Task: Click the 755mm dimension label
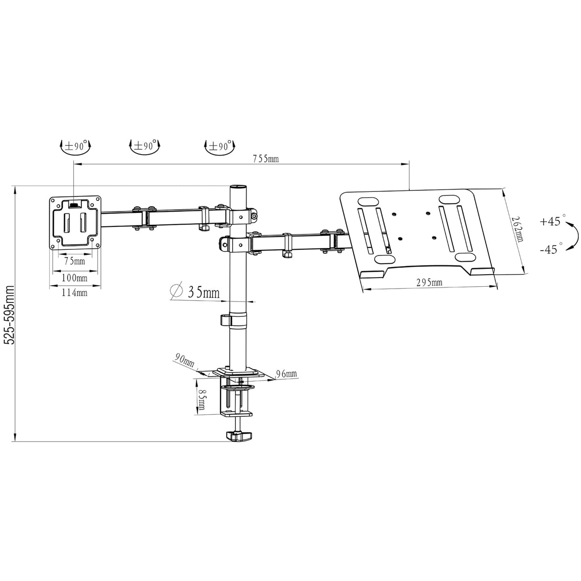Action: click(x=266, y=158)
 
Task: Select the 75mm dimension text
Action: click(x=75, y=261)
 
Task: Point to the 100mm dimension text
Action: click(x=75, y=278)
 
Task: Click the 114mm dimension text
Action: click(x=75, y=292)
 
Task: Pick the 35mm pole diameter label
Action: click(x=204, y=292)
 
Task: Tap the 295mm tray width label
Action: click(x=429, y=282)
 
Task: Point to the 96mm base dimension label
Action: click(x=286, y=374)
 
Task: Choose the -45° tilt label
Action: click(x=550, y=249)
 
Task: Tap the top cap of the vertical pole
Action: click(x=238, y=187)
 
